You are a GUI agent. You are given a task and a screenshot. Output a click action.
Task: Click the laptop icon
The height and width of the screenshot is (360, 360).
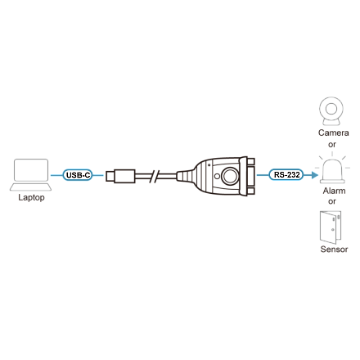pyautogui.click(x=31, y=175)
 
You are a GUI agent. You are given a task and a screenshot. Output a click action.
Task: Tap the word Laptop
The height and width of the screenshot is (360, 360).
pyautogui.click(x=31, y=197)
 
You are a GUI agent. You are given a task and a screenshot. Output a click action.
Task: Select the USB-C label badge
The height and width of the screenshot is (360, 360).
pyautogui.click(x=78, y=175)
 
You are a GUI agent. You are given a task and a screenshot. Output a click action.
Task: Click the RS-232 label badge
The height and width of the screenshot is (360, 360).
pyautogui.click(x=286, y=174)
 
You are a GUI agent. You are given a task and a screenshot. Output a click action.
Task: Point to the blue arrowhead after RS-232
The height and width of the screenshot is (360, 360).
pyautogui.click(x=315, y=175)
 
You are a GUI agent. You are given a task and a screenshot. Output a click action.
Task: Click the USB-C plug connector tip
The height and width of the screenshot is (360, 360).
pyautogui.click(x=110, y=176)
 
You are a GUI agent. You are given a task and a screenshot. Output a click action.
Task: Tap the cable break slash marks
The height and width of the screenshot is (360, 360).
pyautogui.click(x=155, y=176)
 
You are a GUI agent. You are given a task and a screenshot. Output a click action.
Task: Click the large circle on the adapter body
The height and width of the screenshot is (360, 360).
pyautogui.click(x=230, y=176)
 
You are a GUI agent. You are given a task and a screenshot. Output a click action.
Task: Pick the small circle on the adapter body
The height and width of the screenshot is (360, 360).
pyautogui.click(x=217, y=176)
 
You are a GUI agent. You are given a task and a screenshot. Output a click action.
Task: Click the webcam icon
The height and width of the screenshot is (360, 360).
pyautogui.click(x=331, y=111)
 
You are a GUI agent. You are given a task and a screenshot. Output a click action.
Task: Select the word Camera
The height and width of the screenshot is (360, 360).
pyautogui.click(x=333, y=133)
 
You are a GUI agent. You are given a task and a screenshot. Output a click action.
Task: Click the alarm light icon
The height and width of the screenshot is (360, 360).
pyautogui.click(x=332, y=169)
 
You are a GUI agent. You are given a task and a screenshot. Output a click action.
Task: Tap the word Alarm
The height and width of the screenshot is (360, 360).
pyautogui.click(x=334, y=191)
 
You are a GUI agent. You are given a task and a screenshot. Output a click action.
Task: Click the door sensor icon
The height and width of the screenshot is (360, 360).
pyautogui.click(x=331, y=227)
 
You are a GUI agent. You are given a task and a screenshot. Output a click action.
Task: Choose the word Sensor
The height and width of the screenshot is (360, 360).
pyautogui.click(x=334, y=249)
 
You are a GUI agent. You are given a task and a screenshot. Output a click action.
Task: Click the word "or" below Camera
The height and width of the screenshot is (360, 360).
pyautogui.click(x=332, y=145)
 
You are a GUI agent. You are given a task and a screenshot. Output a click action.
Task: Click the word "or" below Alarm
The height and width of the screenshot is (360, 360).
pyautogui.click(x=332, y=201)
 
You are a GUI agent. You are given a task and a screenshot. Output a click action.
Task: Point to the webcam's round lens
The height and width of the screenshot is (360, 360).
pyautogui.click(x=331, y=109)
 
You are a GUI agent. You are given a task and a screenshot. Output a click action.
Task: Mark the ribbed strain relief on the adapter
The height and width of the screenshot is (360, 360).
pyautogui.click(x=185, y=176)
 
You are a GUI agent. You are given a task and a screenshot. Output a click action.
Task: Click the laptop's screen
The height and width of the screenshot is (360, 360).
pyautogui.click(x=31, y=170)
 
